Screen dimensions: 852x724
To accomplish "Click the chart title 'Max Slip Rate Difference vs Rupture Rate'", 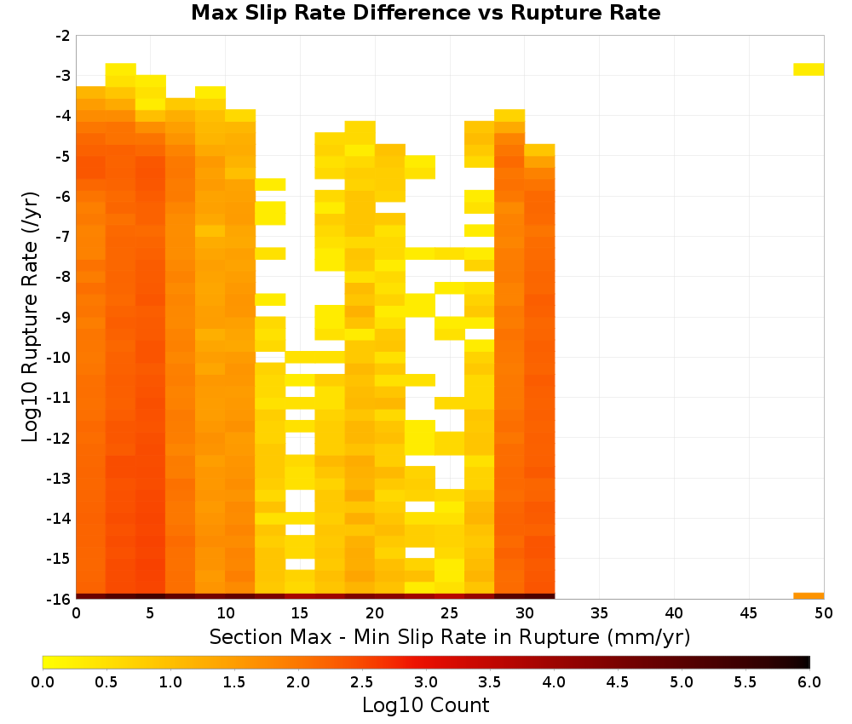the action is click(x=425, y=13).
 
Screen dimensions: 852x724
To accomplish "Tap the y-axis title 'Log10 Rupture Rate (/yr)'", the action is click(x=30, y=317).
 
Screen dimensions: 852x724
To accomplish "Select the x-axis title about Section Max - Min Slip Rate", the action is click(x=449, y=637).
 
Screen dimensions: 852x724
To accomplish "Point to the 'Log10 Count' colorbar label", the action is click(x=425, y=705).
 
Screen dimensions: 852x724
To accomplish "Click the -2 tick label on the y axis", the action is click(x=63, y=36).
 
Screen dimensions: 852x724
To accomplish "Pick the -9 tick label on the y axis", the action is click(x=63, y=317).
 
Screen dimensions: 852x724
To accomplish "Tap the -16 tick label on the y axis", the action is click(x=60, y=599).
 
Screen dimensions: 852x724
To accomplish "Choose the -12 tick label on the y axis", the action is click(x=60, y=438).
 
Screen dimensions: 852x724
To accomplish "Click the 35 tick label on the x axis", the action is click(x=599, y=613).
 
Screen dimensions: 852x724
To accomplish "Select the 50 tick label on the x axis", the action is click(x=824, y=613).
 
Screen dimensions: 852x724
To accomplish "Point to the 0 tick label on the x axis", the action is click(x=76, y=613).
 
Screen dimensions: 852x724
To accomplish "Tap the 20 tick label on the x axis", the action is click(x=375, y=613).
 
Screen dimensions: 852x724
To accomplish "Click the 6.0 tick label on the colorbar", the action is click(x=809, y=681).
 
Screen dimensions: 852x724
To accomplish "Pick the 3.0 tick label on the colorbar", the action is click(x=426, y=681).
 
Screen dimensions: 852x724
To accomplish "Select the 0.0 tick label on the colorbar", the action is click(x=43, y=681).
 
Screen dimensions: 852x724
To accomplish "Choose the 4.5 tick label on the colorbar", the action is click(x=618, y=681).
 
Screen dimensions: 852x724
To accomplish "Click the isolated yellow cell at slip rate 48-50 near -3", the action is click(x=809, y=69).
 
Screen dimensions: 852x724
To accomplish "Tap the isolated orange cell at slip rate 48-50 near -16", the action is click(x=809, y=596).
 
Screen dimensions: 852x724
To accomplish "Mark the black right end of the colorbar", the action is click(x=808, y=662).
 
